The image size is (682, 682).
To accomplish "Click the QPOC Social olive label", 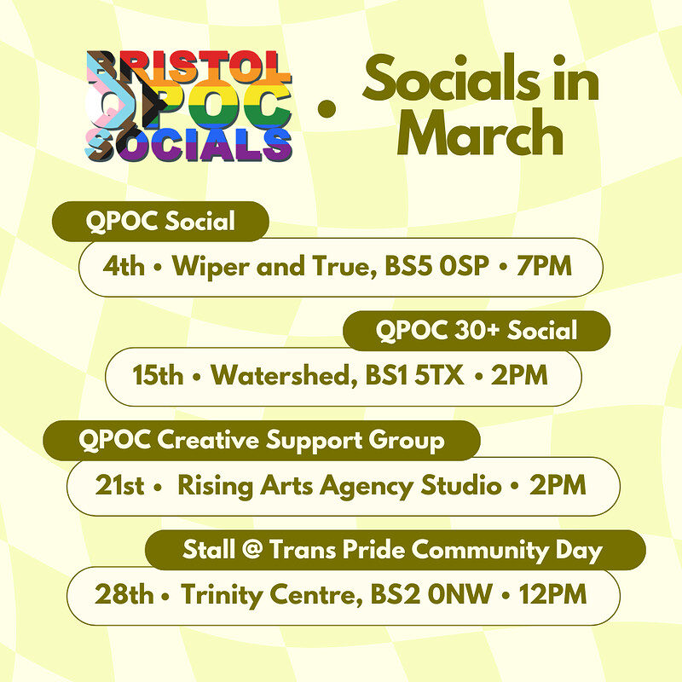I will coord(160,222).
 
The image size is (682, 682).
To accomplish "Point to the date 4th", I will coord(124,267).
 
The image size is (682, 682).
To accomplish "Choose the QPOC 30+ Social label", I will coord(477,330).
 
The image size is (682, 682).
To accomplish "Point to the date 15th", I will coord(158,375).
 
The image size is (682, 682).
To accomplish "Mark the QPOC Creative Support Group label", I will coord(262,440).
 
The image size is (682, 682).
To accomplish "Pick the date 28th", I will coord(124,594).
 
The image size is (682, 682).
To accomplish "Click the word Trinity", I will coord(217,594).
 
